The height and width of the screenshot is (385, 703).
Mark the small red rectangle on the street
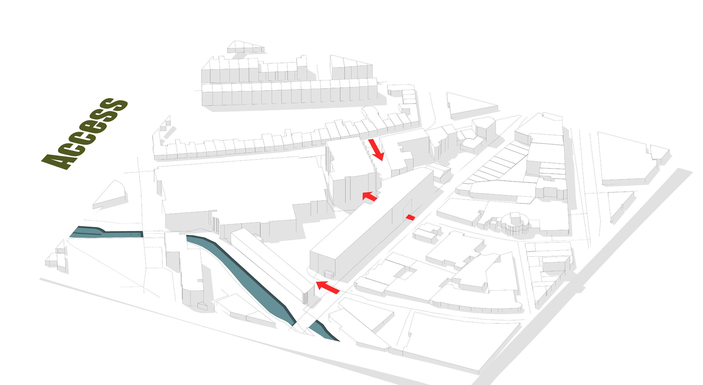[x=410, y=217]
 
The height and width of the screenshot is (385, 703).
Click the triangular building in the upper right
[x=469, y=106]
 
